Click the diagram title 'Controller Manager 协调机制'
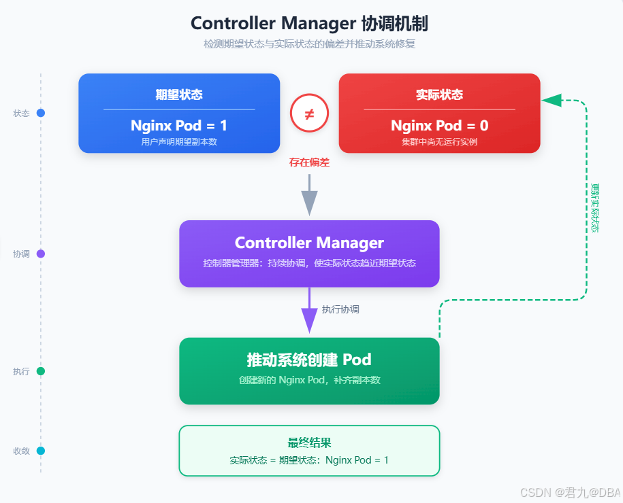309,23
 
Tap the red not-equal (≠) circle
309,113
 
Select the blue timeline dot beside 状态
41,113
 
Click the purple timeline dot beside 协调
41,254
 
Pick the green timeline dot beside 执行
41,371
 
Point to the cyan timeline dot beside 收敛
41,451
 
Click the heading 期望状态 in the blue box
179,94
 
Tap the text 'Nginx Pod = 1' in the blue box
179,126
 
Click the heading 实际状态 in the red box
439,94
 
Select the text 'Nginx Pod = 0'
439,126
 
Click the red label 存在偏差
309,162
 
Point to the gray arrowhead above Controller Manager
309,203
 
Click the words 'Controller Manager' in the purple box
309,243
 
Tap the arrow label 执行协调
340,309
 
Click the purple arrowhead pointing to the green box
309,321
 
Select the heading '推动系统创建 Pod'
309,360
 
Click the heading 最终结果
309,443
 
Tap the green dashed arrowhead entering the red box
552,101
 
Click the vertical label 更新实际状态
595,208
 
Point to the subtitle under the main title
309,44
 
